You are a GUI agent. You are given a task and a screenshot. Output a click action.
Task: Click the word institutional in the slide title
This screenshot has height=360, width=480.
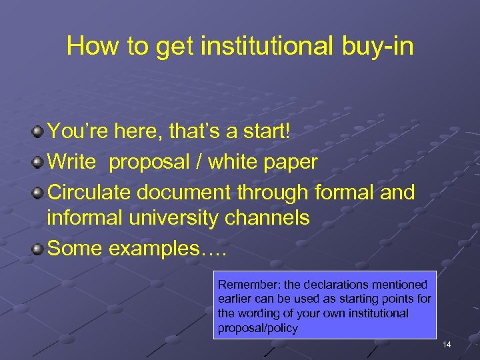click(x=265, y=46)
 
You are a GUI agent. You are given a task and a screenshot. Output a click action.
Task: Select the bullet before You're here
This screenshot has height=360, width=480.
click(x=39, y=131)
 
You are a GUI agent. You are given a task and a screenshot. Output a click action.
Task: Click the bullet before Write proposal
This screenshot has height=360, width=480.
click(x=39, y=162)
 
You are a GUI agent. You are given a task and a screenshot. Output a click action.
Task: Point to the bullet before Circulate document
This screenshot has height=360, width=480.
click(x=39, y=193)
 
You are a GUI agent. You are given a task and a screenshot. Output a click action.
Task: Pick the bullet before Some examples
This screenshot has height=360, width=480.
click(x=39, y=249)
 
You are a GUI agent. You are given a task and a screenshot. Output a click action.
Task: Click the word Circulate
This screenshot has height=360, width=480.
click(x=88, y=193)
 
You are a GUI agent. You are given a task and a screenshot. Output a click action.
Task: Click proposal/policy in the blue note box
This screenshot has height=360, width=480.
click(x=258, y=328)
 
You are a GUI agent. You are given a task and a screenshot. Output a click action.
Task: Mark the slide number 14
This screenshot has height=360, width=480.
click(x=446, y=345)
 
